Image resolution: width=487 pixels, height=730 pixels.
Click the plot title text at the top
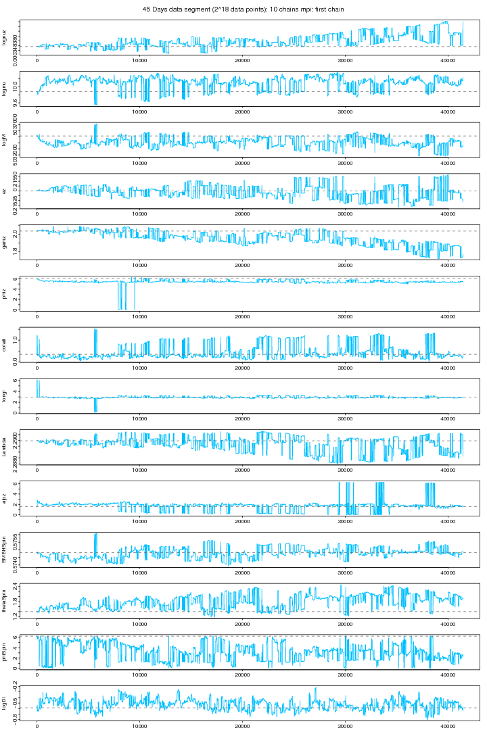243,9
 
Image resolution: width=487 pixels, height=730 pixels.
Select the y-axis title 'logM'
5,140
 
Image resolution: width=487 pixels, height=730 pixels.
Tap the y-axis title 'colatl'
5,345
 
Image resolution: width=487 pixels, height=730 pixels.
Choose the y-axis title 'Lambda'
5,447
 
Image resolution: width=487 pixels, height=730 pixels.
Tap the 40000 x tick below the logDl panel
448,727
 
